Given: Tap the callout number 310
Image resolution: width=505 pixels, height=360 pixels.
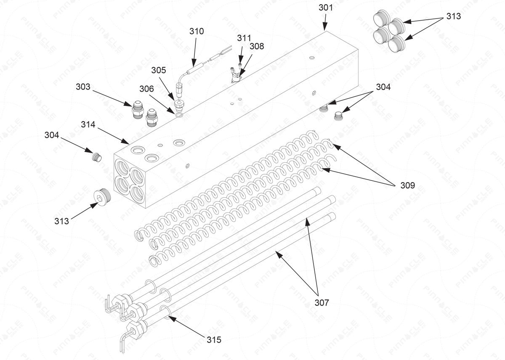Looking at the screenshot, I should pos(197,31).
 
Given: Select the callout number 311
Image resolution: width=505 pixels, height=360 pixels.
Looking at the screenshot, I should pos(244,38).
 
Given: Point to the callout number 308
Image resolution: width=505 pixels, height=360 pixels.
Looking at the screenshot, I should pos(256,46).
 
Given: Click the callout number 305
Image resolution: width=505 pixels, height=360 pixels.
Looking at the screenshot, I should pos(159,70).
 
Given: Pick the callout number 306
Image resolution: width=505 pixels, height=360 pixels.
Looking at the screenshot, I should pos(147,89).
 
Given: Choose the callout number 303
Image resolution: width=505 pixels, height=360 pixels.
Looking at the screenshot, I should pos(83,87).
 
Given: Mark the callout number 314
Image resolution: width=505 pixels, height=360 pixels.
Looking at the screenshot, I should pos(88,124).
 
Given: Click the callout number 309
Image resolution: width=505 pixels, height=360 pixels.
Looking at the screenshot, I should pos(407,185).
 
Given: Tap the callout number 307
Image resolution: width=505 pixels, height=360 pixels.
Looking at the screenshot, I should pos(322,302).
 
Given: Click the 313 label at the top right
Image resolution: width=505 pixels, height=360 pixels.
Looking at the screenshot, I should pos(453,16).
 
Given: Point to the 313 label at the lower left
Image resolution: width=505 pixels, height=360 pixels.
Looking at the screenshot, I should pos(62,221).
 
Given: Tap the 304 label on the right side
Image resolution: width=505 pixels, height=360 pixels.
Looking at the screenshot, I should pos(383,87).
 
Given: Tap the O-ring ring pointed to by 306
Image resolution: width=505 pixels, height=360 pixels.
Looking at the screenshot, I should pos(180,114).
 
